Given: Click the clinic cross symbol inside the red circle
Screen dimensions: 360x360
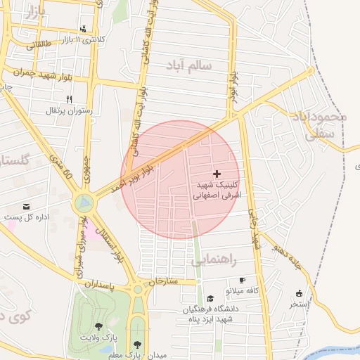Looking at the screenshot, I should (x=217, y=173).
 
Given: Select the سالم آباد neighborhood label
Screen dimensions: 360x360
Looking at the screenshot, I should (x=188, y=65).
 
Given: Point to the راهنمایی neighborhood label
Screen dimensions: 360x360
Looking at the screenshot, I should (x=217, y=261).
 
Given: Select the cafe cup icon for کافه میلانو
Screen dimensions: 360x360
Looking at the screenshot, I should (x=243, y=280).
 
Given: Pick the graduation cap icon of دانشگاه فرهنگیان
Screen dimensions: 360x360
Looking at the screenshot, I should (x=210, y=298).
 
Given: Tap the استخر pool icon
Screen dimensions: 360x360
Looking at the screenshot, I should (x=300, y=293).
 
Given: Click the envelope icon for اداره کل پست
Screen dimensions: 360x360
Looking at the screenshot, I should (x=27, y=206).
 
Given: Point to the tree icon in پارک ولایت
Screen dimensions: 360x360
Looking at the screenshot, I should (x=98, y=326).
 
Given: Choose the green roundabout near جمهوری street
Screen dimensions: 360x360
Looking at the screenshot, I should (x=84, y=204).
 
